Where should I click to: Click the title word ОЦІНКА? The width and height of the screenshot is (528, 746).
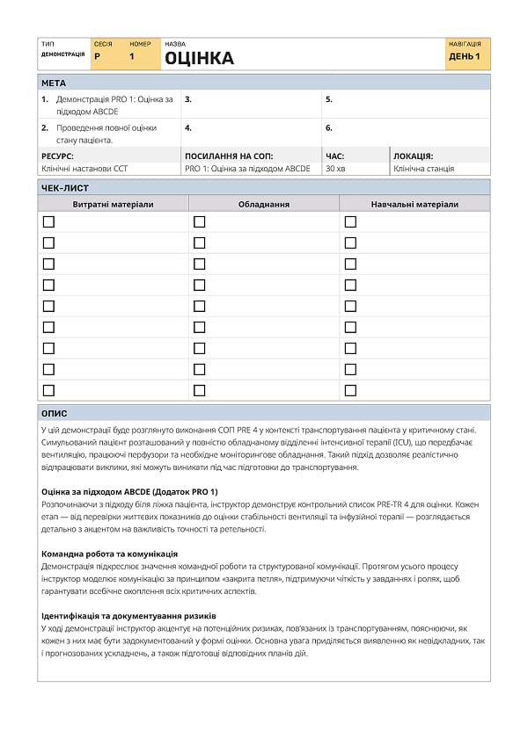pos(200,59)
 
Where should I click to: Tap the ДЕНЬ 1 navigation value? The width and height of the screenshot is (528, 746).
pos(465,57)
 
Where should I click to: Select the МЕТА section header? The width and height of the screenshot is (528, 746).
pos(54,83)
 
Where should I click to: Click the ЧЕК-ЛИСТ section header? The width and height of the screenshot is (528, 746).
pos(65,187)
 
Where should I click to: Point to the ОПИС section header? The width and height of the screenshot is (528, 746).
pos(55,413)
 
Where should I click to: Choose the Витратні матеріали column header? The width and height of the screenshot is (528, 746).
pos(113,204)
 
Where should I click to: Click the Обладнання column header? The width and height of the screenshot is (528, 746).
pos(264,204)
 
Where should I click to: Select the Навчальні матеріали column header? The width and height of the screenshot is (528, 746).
pos(414,204)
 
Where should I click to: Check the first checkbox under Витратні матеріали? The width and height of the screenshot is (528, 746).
pos(48,221)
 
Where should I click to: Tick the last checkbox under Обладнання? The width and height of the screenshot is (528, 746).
pos(200,390)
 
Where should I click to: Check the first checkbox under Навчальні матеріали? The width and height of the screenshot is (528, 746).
pos(350,221)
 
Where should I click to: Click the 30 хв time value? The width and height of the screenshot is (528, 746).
pos(335,169)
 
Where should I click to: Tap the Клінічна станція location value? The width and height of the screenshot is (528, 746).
pos(424,169)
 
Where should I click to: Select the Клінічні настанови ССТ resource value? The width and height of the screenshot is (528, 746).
pos(84,169)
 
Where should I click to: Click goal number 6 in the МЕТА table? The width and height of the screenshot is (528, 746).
pos(329,127)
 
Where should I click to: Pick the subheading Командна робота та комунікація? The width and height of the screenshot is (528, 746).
pos(110,554)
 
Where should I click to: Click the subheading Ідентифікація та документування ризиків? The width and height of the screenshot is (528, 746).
pos(128,616)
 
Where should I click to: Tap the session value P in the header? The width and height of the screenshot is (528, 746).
pos(97,57)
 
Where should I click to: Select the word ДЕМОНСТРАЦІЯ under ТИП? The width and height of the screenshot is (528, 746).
pos(62,54)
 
